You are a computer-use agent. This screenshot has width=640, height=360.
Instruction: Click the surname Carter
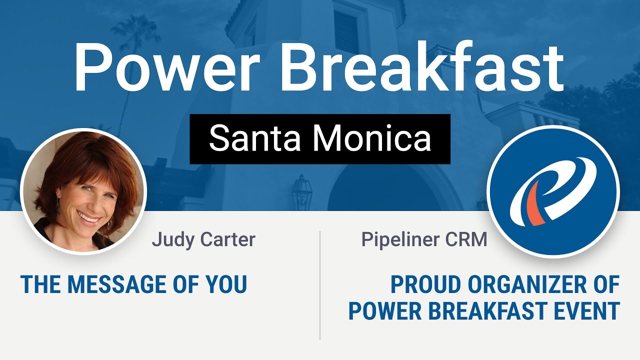[x=228, y=239]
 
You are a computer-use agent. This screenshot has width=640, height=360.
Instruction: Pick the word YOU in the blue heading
[x=228, y=284]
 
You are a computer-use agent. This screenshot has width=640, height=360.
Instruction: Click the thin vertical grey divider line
[x=320, y=285]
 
